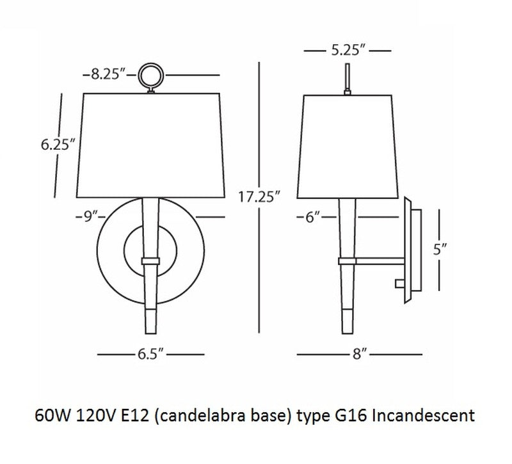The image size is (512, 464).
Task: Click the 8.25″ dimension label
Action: click(x=105, y=75)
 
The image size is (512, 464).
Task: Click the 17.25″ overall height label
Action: click(x=259, y=196)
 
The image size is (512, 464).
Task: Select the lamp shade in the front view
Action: click(x=152, y=145)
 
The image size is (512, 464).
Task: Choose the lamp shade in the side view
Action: click(x=346, y=145)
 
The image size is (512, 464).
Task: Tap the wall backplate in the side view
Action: click(x=412, y=250)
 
